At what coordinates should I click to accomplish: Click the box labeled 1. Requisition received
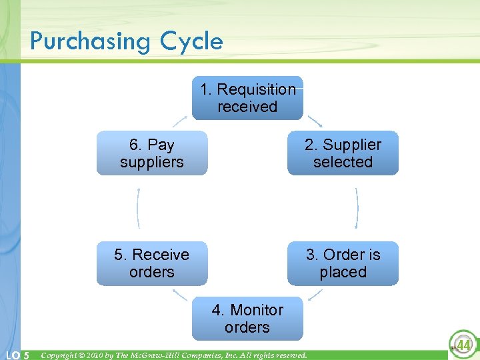[247, 98]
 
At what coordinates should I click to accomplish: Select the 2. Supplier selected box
[343, 153]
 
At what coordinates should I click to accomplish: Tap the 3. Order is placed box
[343, 263]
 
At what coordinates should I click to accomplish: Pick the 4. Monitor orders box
[247, 319]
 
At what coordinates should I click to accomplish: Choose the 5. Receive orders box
[152, 263]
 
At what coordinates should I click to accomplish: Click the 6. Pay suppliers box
[152, 153]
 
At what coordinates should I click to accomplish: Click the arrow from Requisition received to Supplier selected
[314, 120]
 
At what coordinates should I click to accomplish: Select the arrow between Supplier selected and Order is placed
[357, 208]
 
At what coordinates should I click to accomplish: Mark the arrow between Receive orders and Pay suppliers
[138, 208]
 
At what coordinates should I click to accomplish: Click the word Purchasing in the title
[91, 42]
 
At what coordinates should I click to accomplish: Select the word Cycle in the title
[191, 42]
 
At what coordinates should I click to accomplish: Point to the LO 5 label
[17, 355]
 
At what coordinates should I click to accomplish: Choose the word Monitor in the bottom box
[257, 310]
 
